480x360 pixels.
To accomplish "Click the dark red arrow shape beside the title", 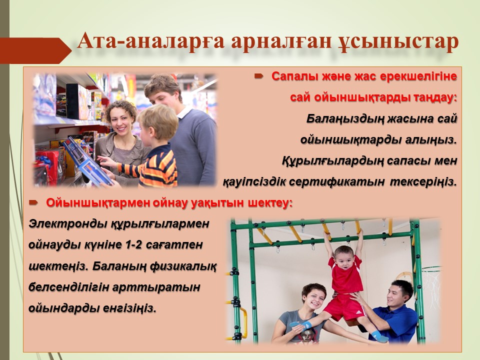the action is (x=35, y=50).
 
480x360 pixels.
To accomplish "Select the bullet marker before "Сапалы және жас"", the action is (x=259, y=75).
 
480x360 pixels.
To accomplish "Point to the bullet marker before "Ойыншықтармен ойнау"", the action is (x=33, y=202).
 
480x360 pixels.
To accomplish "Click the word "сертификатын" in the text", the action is (x=336, y=182).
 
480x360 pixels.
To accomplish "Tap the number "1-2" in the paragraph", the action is (x=132, y=245).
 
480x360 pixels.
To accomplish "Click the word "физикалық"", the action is (x=183, y=266).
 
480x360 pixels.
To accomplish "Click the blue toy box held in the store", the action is (x=86, y=160).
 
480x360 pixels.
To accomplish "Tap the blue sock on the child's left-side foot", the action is (x=301, y=324).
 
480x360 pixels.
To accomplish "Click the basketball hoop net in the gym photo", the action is (x=431, y=283).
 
